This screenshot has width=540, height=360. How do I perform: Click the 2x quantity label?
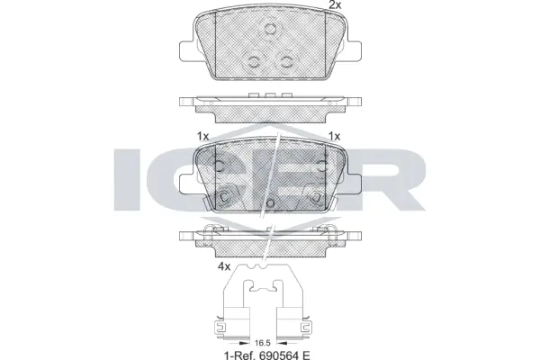(335, 6)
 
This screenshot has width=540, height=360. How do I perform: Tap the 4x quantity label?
(224, 266)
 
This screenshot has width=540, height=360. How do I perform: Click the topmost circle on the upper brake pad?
(270, 29)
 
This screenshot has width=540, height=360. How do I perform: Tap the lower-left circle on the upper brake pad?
(255, 61)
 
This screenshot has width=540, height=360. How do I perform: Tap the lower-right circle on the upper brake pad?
(286, 60)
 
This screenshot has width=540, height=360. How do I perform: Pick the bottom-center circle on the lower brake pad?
(270, 204)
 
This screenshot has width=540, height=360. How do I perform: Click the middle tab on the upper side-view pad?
(269, 95)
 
